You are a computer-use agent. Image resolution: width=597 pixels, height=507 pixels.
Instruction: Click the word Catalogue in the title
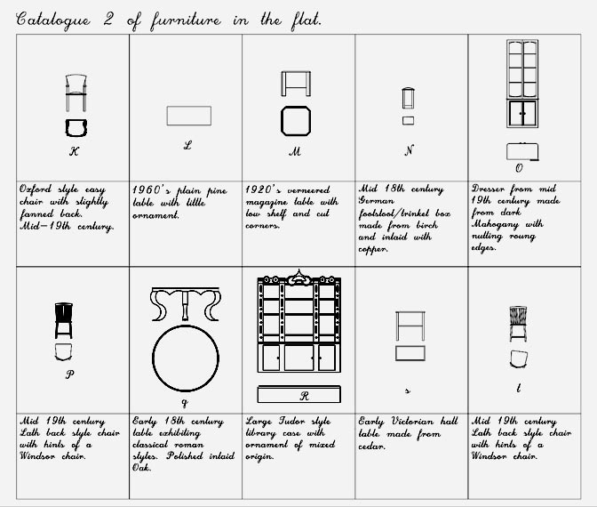[53, 20]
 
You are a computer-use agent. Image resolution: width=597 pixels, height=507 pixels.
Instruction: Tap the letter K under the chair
[75, 151]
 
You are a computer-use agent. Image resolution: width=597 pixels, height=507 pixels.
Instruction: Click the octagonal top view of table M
[296, 107]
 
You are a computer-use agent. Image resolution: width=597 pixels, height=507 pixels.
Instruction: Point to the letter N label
[409, 150]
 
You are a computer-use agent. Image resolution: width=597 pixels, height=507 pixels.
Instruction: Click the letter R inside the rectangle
[304, 396]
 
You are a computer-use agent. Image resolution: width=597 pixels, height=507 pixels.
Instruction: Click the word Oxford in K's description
[35, 189]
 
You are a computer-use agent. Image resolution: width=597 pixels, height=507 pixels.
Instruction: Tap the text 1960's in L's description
[151, 189]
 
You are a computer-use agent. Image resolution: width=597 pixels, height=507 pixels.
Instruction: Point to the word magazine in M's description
[267, 202]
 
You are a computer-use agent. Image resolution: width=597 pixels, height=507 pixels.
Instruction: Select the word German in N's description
[376, 200]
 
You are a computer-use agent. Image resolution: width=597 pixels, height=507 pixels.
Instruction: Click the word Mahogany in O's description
[495, 224]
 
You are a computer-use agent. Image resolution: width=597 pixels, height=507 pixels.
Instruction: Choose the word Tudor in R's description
[292, 421]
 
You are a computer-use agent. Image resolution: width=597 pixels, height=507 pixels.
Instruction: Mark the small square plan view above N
[408, 120]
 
